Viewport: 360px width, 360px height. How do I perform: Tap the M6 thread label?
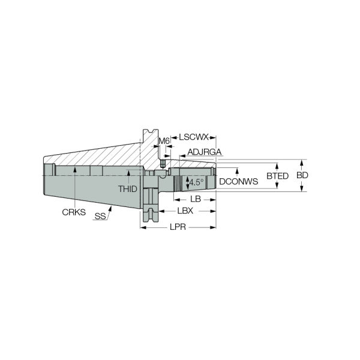tap(164, 141)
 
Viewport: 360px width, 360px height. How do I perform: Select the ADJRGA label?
tap(205, 152)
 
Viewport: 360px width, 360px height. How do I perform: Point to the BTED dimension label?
tap(277, 176)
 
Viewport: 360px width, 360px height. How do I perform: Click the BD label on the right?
tap(302, 175)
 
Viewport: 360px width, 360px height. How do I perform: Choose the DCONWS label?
tap(239, 182)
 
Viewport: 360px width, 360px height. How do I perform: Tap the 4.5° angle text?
tap(196, 182)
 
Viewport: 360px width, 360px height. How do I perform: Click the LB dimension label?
tap(196, 199)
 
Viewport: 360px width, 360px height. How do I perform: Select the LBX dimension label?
tap(185, 211)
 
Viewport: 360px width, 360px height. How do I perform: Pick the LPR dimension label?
tap(178, 227)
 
